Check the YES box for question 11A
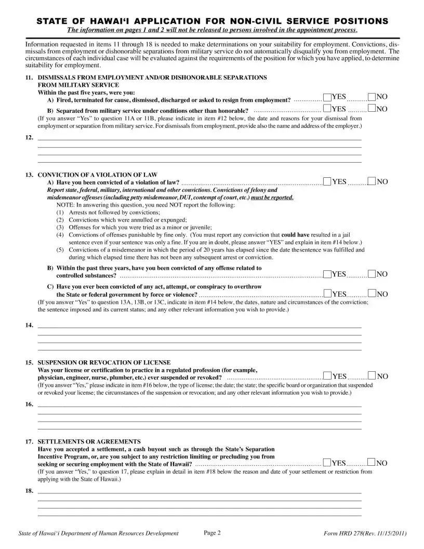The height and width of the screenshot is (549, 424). click(327, 97)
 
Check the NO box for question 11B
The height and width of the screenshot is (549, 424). click(372, 108)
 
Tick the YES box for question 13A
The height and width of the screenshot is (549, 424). click(327, 181)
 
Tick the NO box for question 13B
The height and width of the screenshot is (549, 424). click(372, 273)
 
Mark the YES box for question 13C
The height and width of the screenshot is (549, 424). click(327, 294)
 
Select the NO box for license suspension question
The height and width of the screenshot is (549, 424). click(372, 375)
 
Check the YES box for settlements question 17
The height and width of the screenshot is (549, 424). click(327, 462)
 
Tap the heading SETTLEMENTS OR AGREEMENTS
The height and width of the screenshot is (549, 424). click(89, 441)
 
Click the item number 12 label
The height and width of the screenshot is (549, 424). click(29, 138)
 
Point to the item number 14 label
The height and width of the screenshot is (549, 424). click(29, 326)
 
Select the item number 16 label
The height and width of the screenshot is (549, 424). click(29, 404)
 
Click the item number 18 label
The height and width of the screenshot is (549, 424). click(29, 490)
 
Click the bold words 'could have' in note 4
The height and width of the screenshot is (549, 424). click(295, 234)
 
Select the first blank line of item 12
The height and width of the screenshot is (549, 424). click(200, 140)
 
